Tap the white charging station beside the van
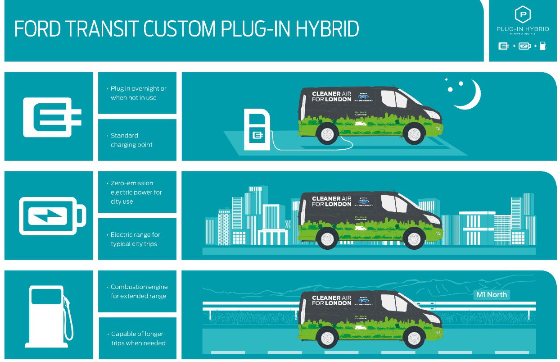click(x=257, y=128)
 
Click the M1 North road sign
click(x=492, y=295)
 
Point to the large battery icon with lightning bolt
click(x=51, y=215)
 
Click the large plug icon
click(x=51, y=117)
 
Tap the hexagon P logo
click(x=523, y=15)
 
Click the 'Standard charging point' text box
click(x=137, y=140)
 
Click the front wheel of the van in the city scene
click(x=413, y=238)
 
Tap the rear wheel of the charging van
click(x=327, y=134)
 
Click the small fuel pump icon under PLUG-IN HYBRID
click(x=543, y=46)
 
